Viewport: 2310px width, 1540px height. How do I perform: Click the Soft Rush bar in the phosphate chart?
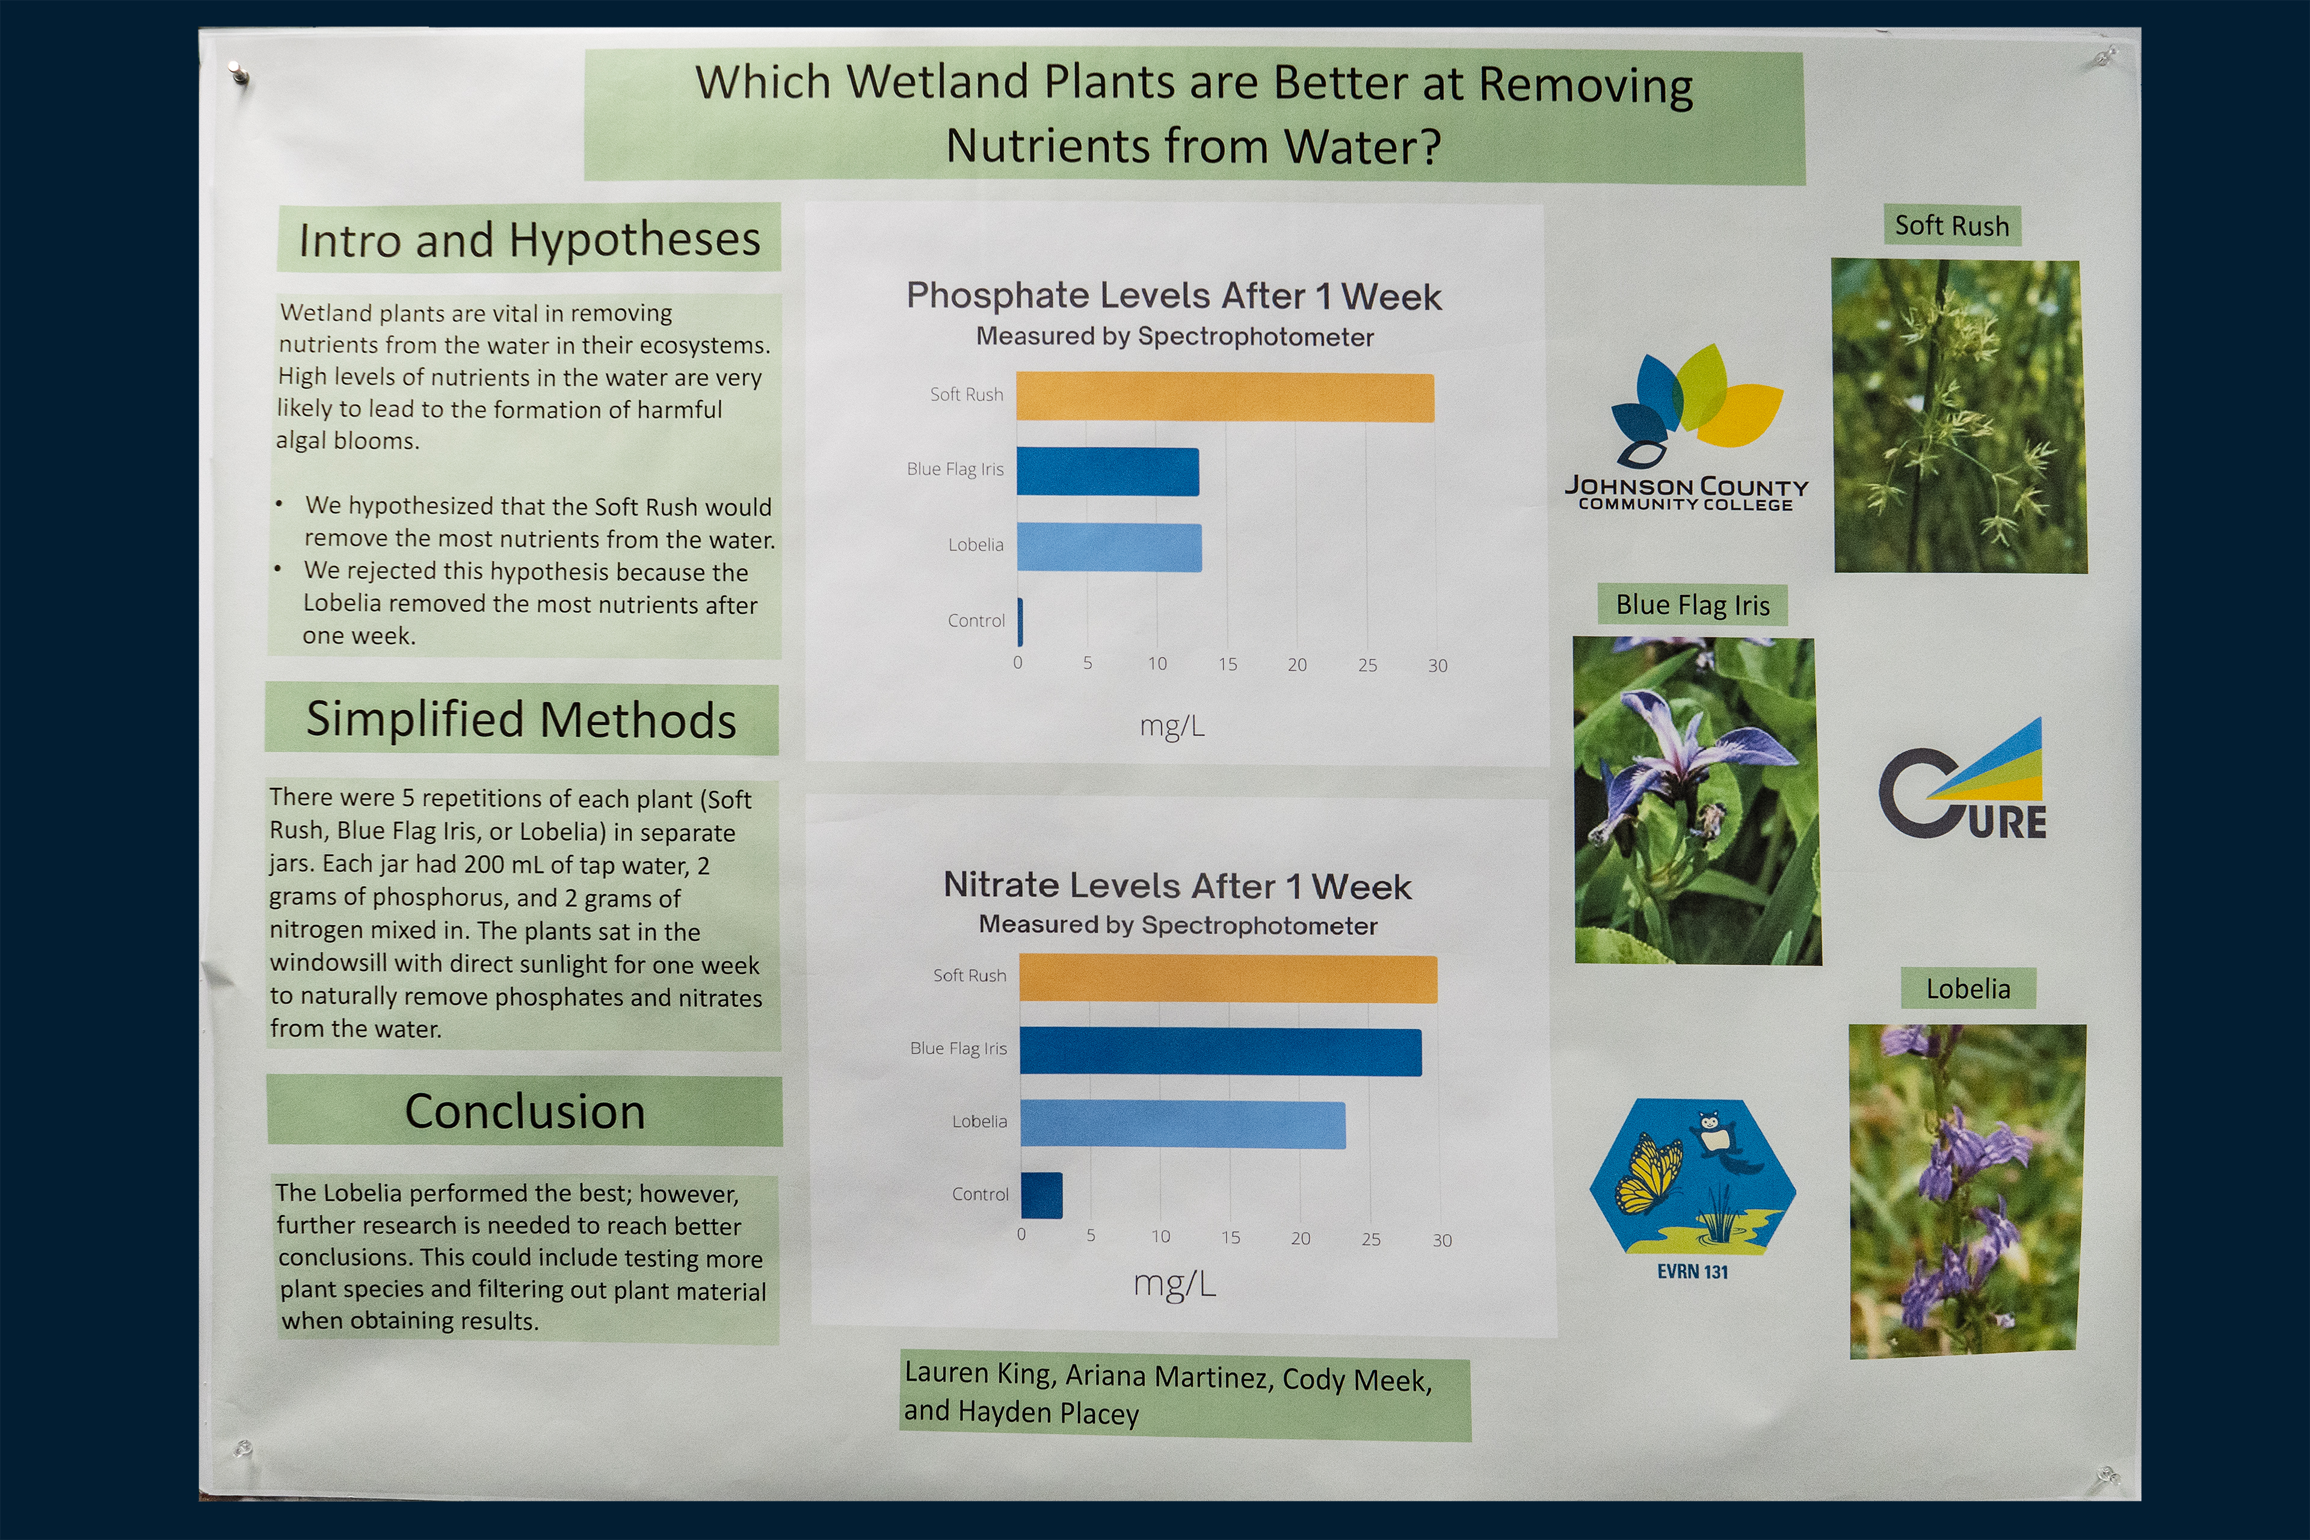point(1225,398)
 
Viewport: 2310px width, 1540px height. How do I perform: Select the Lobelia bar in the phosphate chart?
point(1109,547)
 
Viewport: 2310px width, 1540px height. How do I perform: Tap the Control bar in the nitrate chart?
point(1041,1195)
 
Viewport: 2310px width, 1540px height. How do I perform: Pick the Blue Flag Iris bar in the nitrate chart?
point(1221,1052)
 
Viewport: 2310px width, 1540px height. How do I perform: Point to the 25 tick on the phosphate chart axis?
point(1367,665)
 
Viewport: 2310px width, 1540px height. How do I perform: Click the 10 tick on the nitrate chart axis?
point(1161,1237)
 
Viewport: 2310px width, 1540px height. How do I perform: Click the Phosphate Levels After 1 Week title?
point(1174,295)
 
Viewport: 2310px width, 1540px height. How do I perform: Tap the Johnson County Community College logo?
point(1686,428)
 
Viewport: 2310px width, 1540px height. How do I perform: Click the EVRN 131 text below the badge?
point(1692,1272)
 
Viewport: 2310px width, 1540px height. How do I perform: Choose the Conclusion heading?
point(525,1112)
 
